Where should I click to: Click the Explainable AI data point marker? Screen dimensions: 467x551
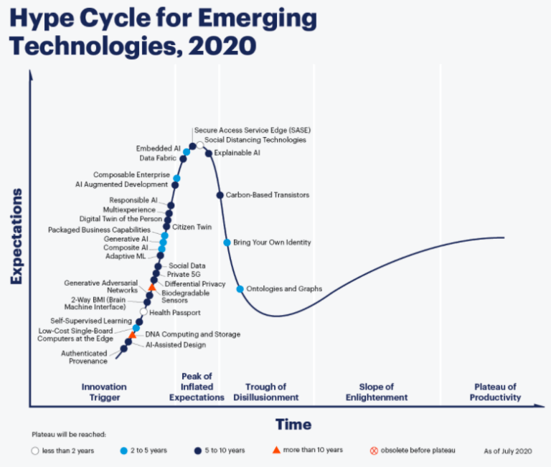[209, 153]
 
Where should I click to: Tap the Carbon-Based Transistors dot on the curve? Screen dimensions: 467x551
[220, 194]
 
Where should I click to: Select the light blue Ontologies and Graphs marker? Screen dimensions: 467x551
[240, 289]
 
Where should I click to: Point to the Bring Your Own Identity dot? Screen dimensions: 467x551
[227, 242]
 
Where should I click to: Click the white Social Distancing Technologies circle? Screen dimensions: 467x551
[200, 146]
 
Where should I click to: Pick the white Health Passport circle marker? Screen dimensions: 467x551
[143, 312]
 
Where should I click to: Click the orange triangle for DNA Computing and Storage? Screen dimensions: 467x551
[132, 335]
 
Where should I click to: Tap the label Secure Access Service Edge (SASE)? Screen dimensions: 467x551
[253, 130]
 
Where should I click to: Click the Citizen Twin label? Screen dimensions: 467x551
[192, 227]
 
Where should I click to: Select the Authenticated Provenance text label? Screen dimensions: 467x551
[84, 357]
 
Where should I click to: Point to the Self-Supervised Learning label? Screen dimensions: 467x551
[91, 321]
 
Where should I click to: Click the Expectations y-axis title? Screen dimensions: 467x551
[17, 236]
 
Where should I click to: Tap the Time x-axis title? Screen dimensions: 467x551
[293, 424]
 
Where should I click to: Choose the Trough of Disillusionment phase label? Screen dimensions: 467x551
[266, 392]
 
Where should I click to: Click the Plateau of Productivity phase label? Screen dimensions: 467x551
[495, 392]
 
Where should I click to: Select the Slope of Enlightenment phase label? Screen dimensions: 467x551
[376, 392]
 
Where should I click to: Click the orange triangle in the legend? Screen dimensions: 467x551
[275, 450]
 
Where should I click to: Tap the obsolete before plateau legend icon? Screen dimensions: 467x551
[373, 451]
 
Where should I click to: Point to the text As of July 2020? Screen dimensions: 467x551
[509, 451]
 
